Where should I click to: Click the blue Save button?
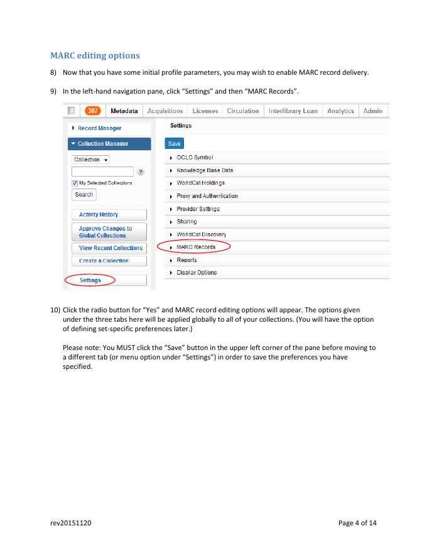[174, 144]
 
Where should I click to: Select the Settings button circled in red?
[90, 280]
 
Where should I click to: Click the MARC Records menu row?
[196, 247]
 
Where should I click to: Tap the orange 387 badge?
[93, 111]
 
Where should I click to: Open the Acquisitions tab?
[165, 111]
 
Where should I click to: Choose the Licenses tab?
[205, 111]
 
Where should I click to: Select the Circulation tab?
[243, 111]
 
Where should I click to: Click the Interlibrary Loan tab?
[293, 111]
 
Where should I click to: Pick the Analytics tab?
[340, 111]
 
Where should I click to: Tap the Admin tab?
[373, 111]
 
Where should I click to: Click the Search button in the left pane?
[84, 195]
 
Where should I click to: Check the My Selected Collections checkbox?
[75, 183]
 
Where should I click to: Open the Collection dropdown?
[90, 160]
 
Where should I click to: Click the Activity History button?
[99, 215]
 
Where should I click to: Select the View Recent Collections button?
[111, 248]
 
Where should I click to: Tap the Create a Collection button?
[104, 261]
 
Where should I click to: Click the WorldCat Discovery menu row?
[201, 234]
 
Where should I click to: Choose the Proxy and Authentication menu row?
[207, 196]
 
